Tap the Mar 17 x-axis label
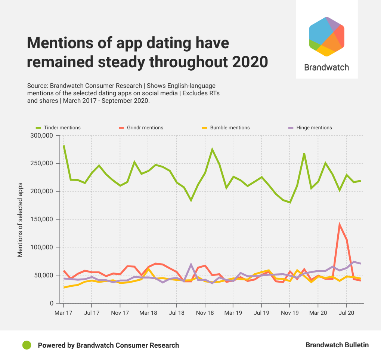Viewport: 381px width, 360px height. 63,313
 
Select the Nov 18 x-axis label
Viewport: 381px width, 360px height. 205,313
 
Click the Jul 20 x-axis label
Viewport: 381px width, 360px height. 346,313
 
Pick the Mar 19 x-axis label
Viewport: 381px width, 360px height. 233,313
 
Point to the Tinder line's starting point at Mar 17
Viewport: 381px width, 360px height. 64,146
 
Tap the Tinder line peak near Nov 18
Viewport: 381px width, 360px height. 212,150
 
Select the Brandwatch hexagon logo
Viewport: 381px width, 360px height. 326,36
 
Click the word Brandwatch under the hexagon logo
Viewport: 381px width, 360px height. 326,67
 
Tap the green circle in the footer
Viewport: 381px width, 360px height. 27,345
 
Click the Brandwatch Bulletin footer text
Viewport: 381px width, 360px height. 337,345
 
